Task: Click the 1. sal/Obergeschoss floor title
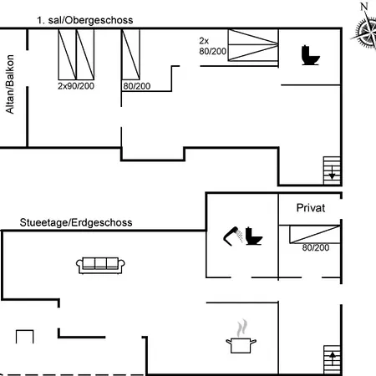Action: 85,20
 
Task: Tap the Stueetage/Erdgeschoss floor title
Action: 76,223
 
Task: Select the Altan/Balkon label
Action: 10,84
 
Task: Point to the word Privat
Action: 311,208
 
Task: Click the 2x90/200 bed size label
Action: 76,86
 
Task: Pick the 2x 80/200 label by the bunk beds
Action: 212,46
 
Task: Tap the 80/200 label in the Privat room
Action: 316,247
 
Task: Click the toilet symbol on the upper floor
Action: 311,55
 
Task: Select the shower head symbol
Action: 233,236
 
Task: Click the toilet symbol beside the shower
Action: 253,236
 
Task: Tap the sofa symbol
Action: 100,266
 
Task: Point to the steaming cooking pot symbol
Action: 241,337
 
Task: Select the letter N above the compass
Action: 364,7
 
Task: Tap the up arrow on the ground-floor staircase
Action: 333,358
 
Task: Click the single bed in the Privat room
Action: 315,234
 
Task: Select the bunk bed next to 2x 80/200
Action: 253,45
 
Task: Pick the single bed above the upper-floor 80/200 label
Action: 131,54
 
